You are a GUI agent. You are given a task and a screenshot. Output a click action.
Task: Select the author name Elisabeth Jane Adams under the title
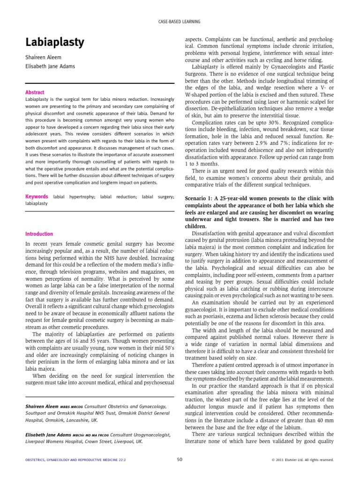tap(51, 67)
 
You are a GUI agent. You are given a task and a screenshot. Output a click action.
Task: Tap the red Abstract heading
tap(35, 93)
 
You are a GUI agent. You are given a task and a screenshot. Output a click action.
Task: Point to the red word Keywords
tap(37, 197)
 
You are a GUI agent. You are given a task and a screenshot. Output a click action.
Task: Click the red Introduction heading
tap(39, 234)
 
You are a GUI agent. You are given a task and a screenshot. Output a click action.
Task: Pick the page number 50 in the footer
tap(180, 460)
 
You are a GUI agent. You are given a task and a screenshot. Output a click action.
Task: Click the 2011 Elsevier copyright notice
tap(303, 460)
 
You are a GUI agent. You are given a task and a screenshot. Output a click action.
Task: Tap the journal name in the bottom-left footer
tap(71, 460)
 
